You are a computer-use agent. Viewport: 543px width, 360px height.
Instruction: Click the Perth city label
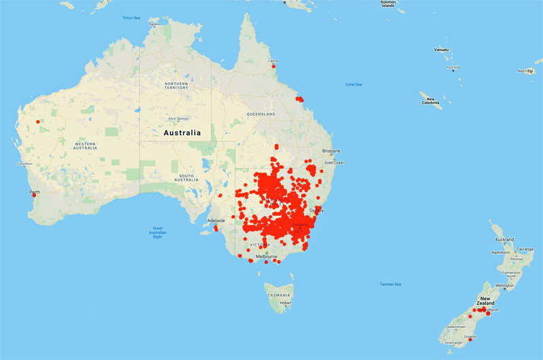[x=34, y=192]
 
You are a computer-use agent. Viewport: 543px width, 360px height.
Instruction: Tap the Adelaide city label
[x=216, y=221]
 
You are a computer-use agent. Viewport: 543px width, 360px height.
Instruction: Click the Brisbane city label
[x=331, y=151]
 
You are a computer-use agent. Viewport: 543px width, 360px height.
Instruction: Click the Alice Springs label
[x=177, y=118]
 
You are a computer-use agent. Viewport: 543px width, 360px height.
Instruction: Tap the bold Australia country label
[x=183, y=132]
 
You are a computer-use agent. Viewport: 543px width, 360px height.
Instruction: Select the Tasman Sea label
[x=390, y=284]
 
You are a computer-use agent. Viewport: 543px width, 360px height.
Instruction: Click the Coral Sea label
[x=354, y=84]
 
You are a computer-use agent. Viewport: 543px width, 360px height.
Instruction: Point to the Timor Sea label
[x=131, y=18]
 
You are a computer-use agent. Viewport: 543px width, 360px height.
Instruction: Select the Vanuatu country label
[x=445, y=50]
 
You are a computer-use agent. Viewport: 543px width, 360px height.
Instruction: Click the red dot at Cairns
[x=274, y=67]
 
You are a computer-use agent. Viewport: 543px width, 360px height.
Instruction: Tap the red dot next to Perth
[x=34, y=198]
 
